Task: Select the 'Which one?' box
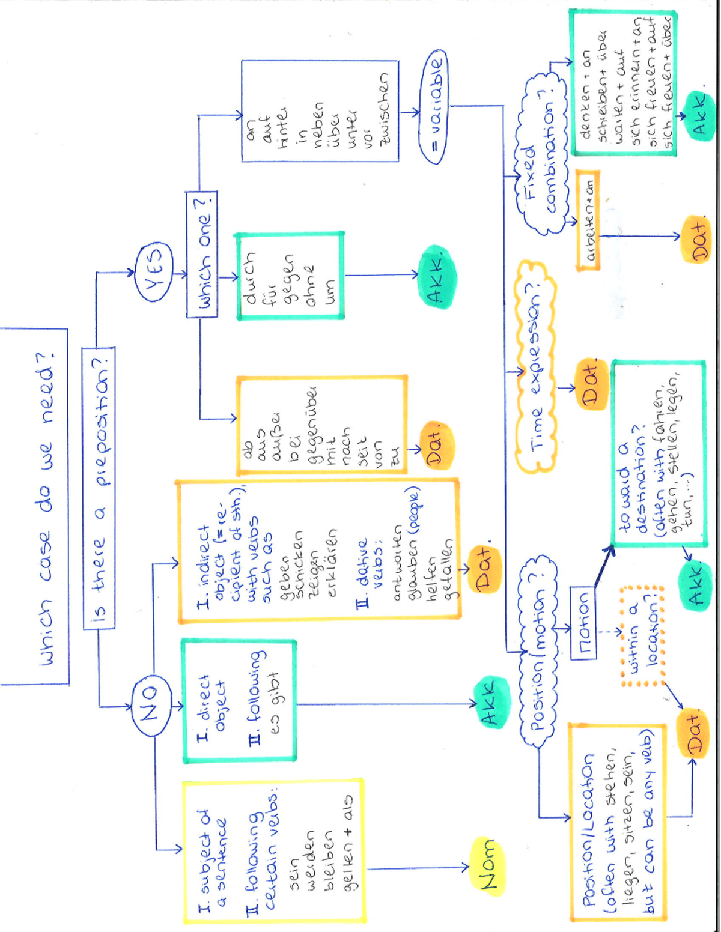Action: [x=202, y=254]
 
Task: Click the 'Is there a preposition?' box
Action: [x=99, y=488]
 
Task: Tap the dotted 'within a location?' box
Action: [x=641, y=636]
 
